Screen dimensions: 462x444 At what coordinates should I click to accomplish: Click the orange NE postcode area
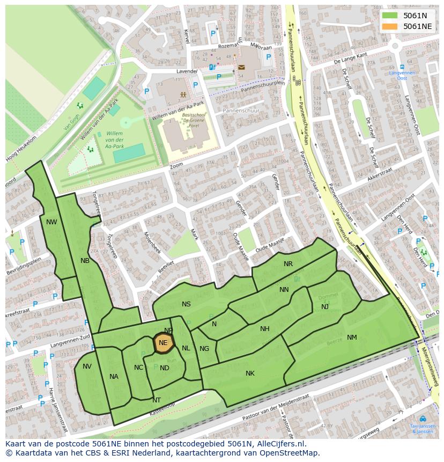tap(163, 343)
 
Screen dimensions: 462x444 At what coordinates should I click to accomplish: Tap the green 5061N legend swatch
tap(390, 15)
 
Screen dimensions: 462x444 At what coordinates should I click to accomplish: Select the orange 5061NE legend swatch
tap(390, 26)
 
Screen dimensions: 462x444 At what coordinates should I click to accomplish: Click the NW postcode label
tap(51, 222)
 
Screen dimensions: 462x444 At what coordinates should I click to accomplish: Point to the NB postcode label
tap(85, 261)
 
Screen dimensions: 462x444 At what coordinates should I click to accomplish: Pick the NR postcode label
tap(288, 264)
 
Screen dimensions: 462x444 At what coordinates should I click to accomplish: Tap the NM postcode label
tap(352, 338)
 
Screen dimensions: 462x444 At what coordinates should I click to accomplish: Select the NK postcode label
tap(250, 373)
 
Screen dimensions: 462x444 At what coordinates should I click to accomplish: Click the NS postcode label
tap(186, 304)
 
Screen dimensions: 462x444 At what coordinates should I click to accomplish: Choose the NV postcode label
tap(87, 366)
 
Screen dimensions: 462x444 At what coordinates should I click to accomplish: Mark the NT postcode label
tap(157, 400)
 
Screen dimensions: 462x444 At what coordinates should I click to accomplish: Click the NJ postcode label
tap(325, 307)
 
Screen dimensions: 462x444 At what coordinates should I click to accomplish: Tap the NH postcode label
tap(264, 329)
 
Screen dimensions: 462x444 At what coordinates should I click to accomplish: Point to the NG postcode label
tap(204, 349)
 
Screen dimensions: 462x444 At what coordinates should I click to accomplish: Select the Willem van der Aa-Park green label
tap(114, 140)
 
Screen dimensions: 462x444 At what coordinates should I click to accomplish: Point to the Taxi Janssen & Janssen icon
tap(423, 419)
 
